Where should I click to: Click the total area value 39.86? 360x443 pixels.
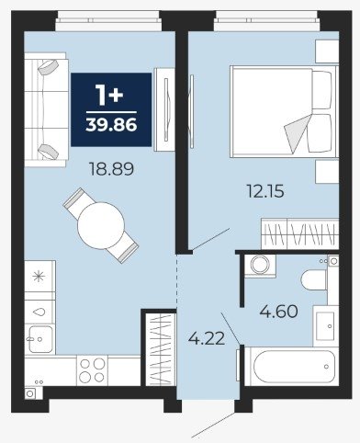point(111,125)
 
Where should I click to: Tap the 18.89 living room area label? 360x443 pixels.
point(111,169)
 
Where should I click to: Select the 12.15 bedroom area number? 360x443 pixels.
point(265,191)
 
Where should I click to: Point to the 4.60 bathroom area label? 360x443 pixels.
point(278,312)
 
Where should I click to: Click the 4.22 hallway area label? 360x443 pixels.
point(207,338)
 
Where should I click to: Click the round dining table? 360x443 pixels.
point(101,225)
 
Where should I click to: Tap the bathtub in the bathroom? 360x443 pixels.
point(291,367)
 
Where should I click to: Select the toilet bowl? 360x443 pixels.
point(314,279)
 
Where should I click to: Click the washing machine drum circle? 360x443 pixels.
point(260,265)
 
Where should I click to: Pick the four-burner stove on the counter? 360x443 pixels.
point(92,370)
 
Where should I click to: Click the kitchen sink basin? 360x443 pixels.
point(40,339)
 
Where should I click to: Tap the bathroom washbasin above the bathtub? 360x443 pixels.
point(325,325)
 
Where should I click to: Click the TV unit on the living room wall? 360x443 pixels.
point(164,109)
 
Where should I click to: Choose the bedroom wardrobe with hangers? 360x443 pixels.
point(300,233)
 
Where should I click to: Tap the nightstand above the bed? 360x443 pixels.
point(327,51)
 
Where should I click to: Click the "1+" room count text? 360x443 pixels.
point(109,95)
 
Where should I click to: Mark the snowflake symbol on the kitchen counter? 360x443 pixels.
point(39,277)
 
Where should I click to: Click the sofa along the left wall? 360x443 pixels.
point(46,109)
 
